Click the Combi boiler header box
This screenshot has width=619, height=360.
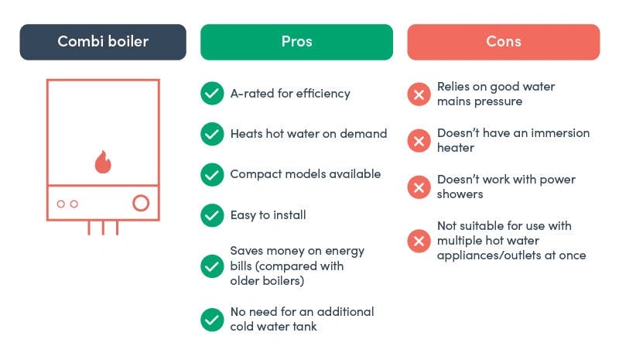click(103, 42)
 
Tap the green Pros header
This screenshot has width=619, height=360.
click(296, 42)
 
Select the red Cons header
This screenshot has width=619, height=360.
click(504, 42)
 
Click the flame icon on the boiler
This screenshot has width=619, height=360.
click(103, 162)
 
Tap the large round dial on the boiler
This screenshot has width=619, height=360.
click(141, 203)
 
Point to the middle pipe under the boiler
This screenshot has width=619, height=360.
click(103, 228)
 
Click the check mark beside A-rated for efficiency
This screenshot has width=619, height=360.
click(212, 93)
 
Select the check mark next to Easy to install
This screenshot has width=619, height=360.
click(212, 215)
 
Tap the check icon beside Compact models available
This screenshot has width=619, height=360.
click(212, 174)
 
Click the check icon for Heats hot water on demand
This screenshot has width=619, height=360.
click(212, 134)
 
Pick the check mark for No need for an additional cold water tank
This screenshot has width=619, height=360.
click(212, 319)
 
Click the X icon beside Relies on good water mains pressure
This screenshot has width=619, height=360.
click(419, 94)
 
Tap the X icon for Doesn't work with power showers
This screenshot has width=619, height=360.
click(419, 187)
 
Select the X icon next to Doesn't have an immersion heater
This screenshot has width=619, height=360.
click(419, 141)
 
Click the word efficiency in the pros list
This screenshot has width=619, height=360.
click(323, 94)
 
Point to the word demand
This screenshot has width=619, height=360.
click(363, 134)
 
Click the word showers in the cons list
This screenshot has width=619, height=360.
click(460, 194)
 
